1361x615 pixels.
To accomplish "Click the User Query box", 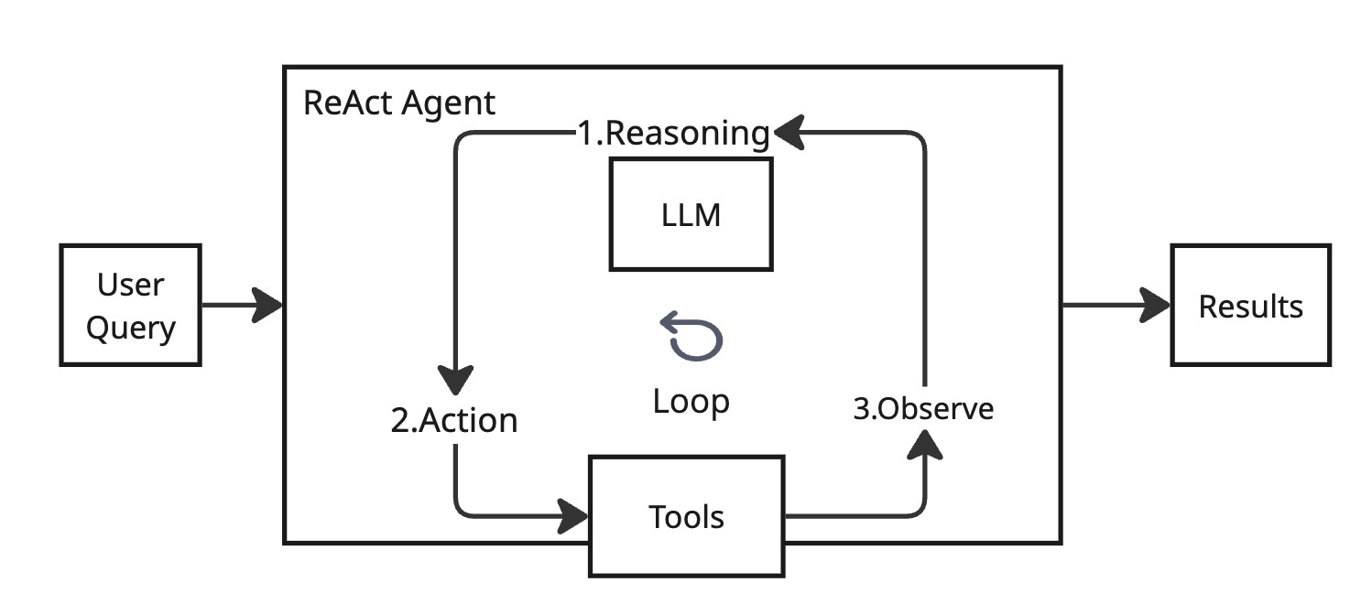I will pos(130,305).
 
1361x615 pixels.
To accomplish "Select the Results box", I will pos(1250,305).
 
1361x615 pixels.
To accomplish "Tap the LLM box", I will pos(691,214).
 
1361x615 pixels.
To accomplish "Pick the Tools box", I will pos(686,517).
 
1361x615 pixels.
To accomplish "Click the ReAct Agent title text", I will pos(398,102).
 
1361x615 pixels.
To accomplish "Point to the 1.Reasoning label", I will pos(673,134).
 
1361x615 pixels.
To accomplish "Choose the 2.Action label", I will pos(454,420).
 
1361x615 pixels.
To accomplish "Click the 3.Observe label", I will pos(923,408).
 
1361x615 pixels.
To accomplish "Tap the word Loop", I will pos(691,401).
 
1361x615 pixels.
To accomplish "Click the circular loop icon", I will pos(692,335).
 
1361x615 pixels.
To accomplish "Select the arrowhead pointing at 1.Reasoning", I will pos(789,134).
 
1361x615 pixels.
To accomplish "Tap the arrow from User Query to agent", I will pos(243,305).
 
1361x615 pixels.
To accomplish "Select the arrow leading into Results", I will pos(1117,305).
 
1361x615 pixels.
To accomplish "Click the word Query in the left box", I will pos(130,326).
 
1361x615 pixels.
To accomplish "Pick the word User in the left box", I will pos(130,285).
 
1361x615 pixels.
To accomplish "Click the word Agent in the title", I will pos(449,102).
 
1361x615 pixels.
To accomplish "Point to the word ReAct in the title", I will pos(348,102).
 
